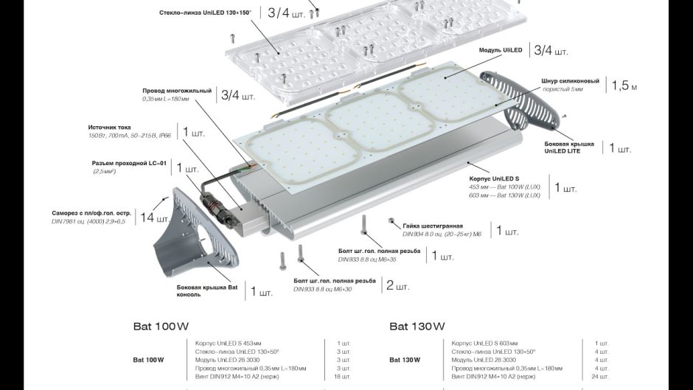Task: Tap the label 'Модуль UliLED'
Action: (x=501, y=49)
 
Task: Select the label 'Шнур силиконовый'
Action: (x=570, y=80)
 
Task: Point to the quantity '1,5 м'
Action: (x=624, y=86)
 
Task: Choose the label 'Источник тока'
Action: (x=109, y=128)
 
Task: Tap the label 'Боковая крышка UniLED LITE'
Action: (x=568, y=147)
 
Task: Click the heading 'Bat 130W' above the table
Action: (x=417, y=326)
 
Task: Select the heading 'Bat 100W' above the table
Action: (x=161, y=326)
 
